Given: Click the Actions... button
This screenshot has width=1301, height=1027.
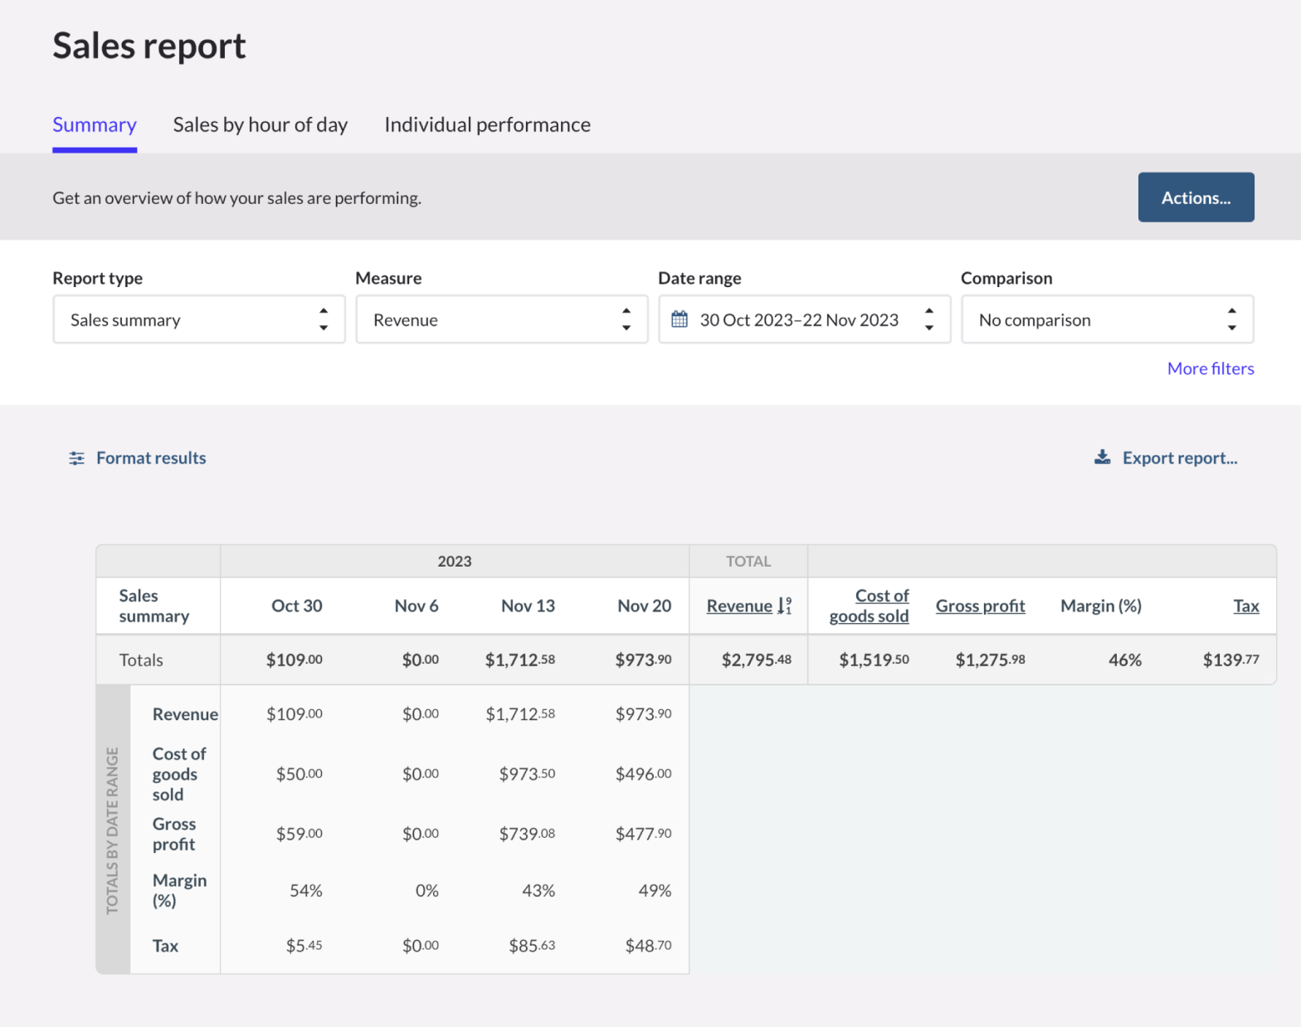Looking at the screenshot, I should [x=1195, y=197].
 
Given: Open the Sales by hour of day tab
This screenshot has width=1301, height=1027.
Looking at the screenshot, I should [x=260, y=124].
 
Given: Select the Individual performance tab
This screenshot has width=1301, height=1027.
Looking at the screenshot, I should [x=487, y=124].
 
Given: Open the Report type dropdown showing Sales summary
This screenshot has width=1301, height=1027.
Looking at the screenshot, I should [x=198, y=319].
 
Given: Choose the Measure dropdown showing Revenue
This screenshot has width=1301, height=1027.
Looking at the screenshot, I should [x=501, y=319].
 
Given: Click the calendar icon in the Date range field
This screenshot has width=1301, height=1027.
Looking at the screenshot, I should [x=680, y=319].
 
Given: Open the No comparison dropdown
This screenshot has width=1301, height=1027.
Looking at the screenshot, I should [x=1106, y=319].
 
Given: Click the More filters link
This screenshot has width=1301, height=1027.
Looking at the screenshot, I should [x=1210, y=368].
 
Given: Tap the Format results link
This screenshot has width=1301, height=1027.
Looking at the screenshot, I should [x=150, y=458].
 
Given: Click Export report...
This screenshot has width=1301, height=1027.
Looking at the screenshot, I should [x=1178, y=458].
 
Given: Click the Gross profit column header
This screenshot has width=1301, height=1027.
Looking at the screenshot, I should [x=980, y=606].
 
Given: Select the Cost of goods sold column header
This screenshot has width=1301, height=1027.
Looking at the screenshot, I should [x=870, y=606].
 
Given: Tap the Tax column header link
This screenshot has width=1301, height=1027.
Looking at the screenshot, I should [x=1245, y=606].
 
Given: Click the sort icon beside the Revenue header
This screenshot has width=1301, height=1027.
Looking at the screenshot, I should [x=784, y=606].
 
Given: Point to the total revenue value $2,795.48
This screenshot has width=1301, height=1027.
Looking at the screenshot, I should [x=756, y=660].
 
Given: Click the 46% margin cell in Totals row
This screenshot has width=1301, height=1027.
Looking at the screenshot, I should [x=1124, y=660].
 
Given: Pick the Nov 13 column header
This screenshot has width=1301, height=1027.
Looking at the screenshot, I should [x=528, y=606].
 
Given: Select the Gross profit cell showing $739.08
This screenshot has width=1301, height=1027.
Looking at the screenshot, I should [x=527, y=834].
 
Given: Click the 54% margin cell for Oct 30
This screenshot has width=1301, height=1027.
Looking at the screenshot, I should [x=305, y=891].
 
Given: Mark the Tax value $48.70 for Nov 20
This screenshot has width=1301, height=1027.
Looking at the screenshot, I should [x=648, y=946].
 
